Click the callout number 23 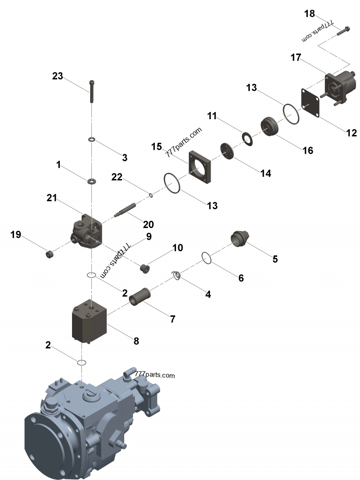tap(58, 76)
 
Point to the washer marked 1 tap(92, 181)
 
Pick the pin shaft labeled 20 tap(126, 210)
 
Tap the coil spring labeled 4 tap(176, 275)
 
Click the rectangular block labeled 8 tap(90, 323)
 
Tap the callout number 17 tap(296, 58)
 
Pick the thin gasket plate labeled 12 tap(310, 103)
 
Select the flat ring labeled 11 tap(247, 139)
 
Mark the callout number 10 tap(177, 248)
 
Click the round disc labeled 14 tap(227, 150)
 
